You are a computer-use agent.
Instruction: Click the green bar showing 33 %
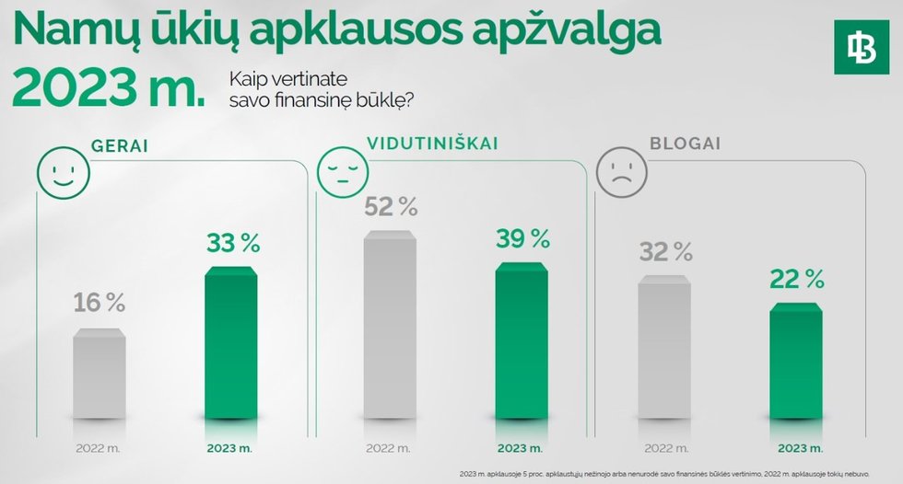pyautogui.click(x=230, y=350)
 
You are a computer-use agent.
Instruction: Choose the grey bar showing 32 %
pyautogui.click(x=664, y=354)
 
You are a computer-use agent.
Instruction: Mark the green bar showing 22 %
pyautogui.click(x=796, y=368)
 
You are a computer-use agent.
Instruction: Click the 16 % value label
pyautogui.click(x=99, y=302)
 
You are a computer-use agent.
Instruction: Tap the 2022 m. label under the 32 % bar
pyautogui.click(x=664, y=449)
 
